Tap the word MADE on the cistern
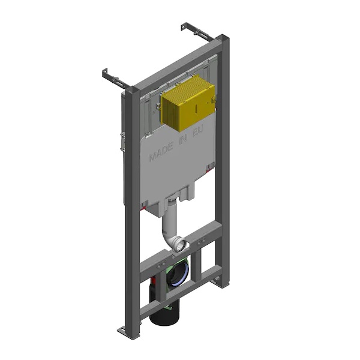pos(161,152)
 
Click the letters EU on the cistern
pos(197,132)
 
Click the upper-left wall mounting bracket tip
pos(105,74)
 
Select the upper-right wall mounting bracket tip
pos(184,26)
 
